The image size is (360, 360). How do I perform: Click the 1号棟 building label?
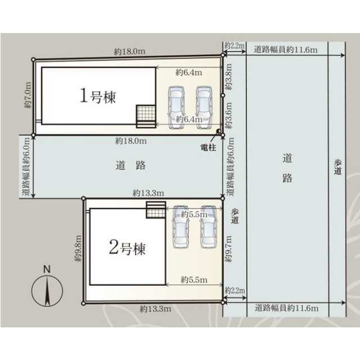point(97,96)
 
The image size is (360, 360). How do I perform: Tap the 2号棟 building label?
point(127,247)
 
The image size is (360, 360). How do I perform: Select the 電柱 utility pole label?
point(208,147)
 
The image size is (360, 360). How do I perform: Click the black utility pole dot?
point(218,131)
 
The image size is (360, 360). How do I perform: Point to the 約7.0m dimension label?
point(28,95)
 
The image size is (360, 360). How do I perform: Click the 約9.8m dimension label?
point(78,249)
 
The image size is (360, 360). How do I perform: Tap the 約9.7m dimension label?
point(228,249)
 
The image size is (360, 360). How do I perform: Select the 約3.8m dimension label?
point(228,76)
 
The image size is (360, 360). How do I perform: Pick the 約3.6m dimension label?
point(228,115)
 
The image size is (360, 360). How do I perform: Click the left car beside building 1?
point(176,107)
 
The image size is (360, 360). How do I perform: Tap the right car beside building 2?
point(209,227)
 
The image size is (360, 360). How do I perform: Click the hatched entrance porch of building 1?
point(146,116)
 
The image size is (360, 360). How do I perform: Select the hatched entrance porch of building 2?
point(156,210)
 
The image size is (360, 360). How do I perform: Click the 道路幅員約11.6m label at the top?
point(286,49)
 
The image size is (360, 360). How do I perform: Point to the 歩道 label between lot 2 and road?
point(235,216)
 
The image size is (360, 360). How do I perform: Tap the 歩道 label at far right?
point(337,167)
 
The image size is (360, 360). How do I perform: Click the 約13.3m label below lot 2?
point(155,309)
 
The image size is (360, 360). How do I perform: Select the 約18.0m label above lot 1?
point(130,51)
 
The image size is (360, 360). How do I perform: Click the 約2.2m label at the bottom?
point(235,290)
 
